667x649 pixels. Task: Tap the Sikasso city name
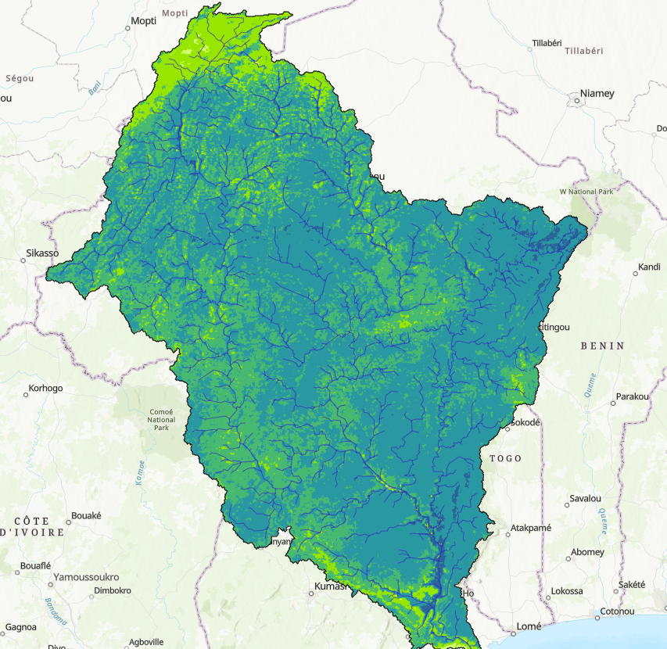click(x=42, y=253)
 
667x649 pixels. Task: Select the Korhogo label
click(x=45, y=388)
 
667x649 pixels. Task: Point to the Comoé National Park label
click(x=161, y=420)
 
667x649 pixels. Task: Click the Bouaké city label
click(x=86, y=515)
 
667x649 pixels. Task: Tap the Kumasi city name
click(x=329, y=586)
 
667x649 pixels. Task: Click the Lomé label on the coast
click(x=529, y=627)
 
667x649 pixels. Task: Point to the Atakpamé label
click(x=530, y=528)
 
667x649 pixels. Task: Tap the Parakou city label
click(x=633, y=396)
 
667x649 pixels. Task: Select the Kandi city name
click(x=649, y=267)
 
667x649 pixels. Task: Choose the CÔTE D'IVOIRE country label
click(x=32, y=526)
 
